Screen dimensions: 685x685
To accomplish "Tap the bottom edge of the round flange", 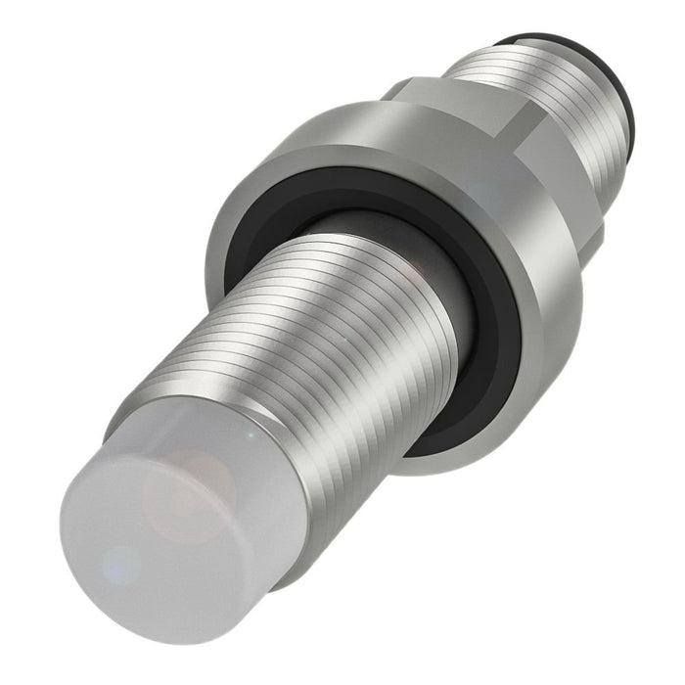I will (x=460, y=460).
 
